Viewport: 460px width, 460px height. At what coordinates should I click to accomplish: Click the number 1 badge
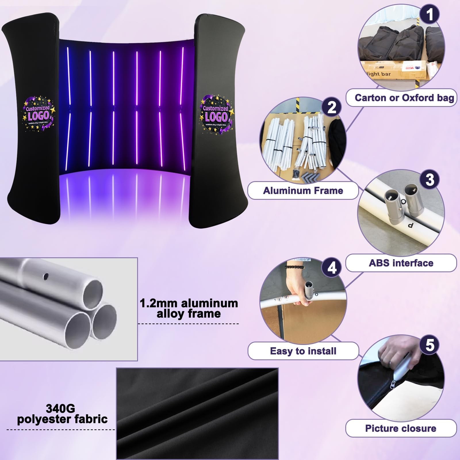click(x=430, y=14)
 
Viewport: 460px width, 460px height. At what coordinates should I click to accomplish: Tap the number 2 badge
click(x=332, y=108)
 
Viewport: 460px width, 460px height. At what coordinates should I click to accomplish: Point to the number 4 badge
click(x=332, y=268)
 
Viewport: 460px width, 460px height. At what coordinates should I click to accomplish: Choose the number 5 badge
click(x=430, y=344)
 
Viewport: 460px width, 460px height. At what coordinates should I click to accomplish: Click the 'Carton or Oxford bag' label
click(x=401, y=98)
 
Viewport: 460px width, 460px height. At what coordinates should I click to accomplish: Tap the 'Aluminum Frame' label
click(x=303, y=191)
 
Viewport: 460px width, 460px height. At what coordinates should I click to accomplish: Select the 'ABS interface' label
click(x=401, y=263)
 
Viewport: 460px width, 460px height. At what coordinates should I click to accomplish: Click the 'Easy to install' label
click(x=303, y=351)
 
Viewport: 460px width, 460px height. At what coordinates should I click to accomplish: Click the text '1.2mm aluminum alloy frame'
click(x=189, y=308)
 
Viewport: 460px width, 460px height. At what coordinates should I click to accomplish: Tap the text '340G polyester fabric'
click(x=62, y=414)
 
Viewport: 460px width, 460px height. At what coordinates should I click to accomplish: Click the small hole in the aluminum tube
click(x=45, y=277)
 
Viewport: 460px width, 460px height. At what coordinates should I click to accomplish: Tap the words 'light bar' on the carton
click(x=379, y=74)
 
